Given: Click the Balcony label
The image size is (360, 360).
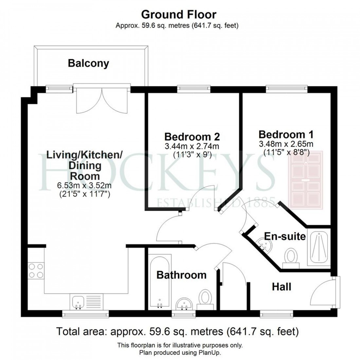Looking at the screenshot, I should (88, 63).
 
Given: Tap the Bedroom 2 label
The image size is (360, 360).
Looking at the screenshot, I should (192, 136).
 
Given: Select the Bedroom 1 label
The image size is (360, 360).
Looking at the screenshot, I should (286, 135).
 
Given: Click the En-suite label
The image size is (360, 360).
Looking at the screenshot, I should (285, 236).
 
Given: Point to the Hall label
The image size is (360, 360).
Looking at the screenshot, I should (281, 287).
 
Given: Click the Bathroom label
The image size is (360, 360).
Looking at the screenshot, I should (181, 275).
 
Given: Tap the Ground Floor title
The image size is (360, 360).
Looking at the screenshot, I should (179, 15).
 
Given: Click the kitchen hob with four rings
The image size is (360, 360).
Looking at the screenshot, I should (36, 270).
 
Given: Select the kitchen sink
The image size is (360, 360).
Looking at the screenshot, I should (78, 301).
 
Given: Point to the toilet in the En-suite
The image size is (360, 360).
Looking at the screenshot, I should (290, 256).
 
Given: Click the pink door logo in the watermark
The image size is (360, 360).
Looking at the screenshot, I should (305, 181).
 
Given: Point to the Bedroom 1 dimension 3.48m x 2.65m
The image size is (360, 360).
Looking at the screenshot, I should (286, 144).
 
